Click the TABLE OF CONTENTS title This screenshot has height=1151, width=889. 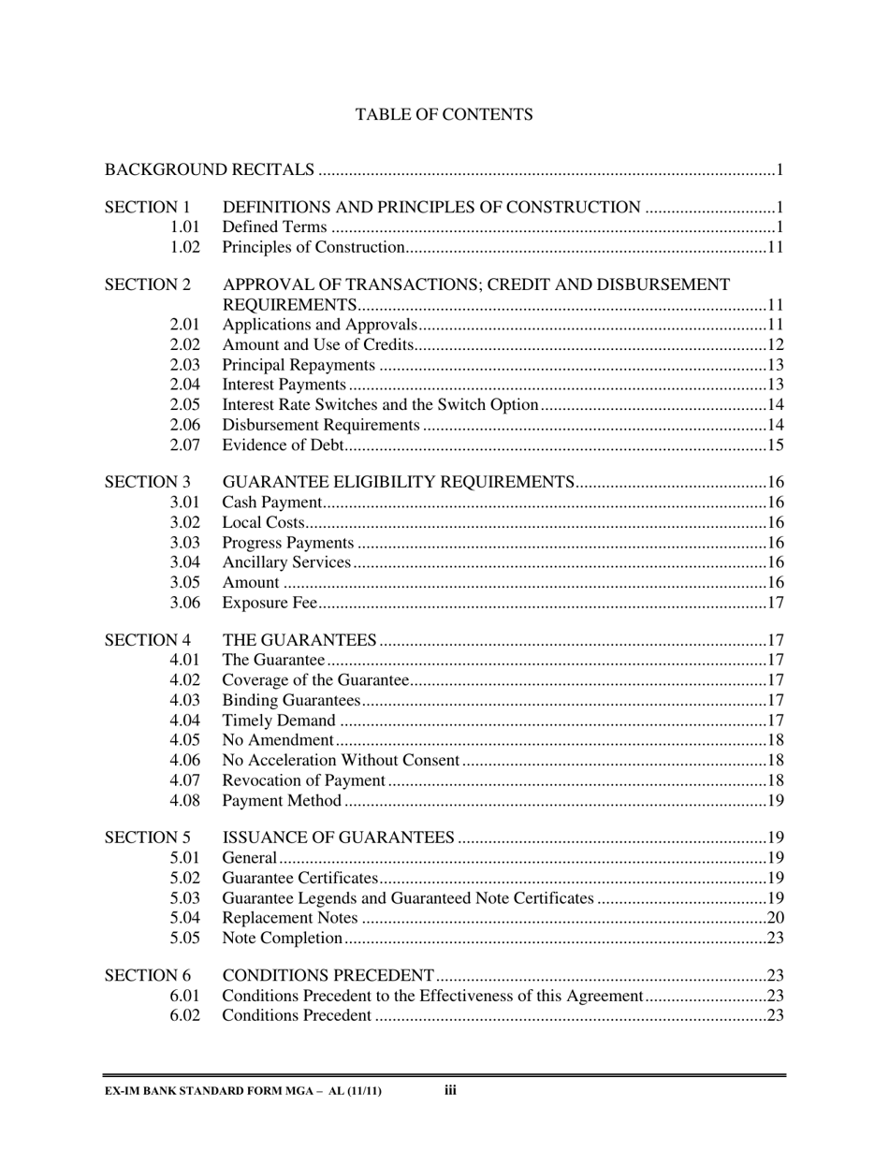click(444, 115)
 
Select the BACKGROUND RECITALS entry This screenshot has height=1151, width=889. click(209, 170)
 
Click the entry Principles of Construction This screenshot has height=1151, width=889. click(313, 248)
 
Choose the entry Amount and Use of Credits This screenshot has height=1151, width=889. click(318, 345)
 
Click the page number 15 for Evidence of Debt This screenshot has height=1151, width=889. click(775, 445)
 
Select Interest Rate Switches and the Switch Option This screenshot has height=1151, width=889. click(380, 405)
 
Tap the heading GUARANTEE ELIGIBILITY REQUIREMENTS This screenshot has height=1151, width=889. click(398, 483)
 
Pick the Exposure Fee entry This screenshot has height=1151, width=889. click(270, 603)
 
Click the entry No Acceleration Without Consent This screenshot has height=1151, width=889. click(341, 761)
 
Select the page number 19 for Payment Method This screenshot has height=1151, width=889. click(775, 801)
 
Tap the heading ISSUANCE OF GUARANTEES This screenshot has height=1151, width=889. click(339, 838)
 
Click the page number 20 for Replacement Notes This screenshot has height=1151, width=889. click(775, 918)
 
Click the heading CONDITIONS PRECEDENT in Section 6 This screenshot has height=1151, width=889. click(328, 976)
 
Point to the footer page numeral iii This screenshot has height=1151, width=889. click(450, 1090)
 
